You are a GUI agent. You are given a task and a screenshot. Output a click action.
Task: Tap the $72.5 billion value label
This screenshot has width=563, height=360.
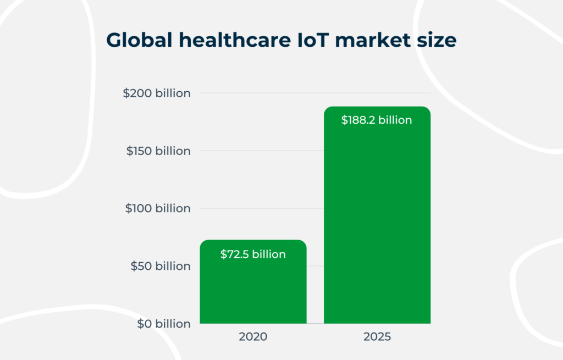pyautogui.click(x=253, y=254)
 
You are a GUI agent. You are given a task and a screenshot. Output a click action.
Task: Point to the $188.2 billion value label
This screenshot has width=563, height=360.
pyautogui.click(x=377, y=120)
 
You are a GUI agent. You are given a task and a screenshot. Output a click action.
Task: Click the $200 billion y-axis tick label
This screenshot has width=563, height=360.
pyautogui.click(x=157, y=93)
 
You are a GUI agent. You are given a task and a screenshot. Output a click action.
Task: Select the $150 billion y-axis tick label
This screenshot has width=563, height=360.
pyautogui.click(x=158, y=151)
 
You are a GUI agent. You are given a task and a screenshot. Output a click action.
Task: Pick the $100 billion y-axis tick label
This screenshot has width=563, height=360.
pyautogui.click(x=158, y=209)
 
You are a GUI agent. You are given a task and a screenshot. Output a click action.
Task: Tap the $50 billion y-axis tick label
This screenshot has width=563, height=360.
pyautogui.click(x=160, y=266)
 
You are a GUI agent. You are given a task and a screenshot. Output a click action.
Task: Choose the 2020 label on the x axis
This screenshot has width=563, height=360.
pyautogui.click(x=253, y=337)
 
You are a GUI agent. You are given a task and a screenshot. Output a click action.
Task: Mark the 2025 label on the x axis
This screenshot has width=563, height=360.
pyautogui.click(x=377, y=337)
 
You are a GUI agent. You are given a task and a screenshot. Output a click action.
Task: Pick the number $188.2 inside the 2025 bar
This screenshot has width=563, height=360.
pyautogui.click(x=358, y=120)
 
